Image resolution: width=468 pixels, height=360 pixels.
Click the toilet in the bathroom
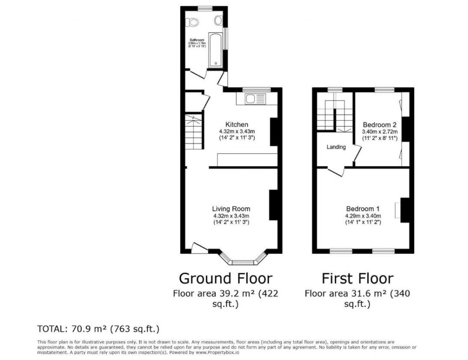191,21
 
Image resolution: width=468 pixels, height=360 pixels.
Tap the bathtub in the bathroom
214,49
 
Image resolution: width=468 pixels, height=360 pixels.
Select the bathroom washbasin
218,20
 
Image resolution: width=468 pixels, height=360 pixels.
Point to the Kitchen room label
237,124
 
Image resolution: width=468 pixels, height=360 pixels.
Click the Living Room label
231,209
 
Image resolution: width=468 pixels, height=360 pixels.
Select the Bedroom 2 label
379,124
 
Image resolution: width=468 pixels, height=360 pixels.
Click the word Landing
336,147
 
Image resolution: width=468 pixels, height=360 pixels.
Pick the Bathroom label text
196,40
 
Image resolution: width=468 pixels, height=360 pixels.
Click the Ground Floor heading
225,278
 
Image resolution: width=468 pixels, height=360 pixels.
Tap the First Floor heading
357,278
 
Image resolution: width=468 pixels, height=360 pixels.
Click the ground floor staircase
193,133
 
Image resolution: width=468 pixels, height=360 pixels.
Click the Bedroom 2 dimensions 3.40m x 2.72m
379,132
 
